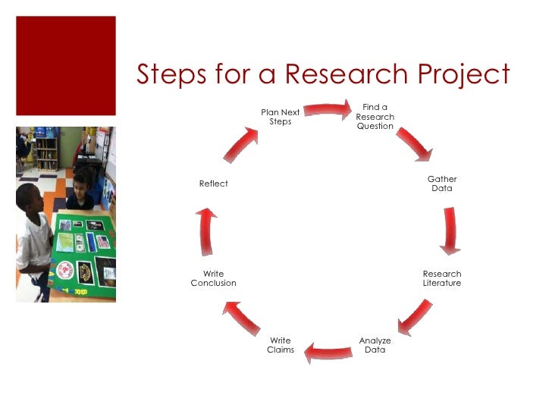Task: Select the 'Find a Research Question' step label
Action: pyautogui.click(x=375, y=117)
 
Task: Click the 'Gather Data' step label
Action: pyautogui.click(x=442, y=183)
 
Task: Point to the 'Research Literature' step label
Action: pyautogui.click(x=442, y=278)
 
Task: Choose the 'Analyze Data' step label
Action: pyautogui.click(x=375, y=345)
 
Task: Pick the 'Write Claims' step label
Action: pyautogui.click(x=281, y=345)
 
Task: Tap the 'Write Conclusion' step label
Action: pyautogui.click(x=213, y=278)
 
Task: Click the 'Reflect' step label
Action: pyautogui.click(x=213, y=183)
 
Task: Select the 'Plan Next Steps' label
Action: pyautogui.click(x=281, y=117)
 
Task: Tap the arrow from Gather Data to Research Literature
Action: pyautogui.click(x=450, y=230)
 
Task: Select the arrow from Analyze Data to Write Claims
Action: pyautogui.click(x=328, y=351)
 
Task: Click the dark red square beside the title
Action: pyautogui.click(x=66, y=65)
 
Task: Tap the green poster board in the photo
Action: pyautogui.click(x=83, y=250)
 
